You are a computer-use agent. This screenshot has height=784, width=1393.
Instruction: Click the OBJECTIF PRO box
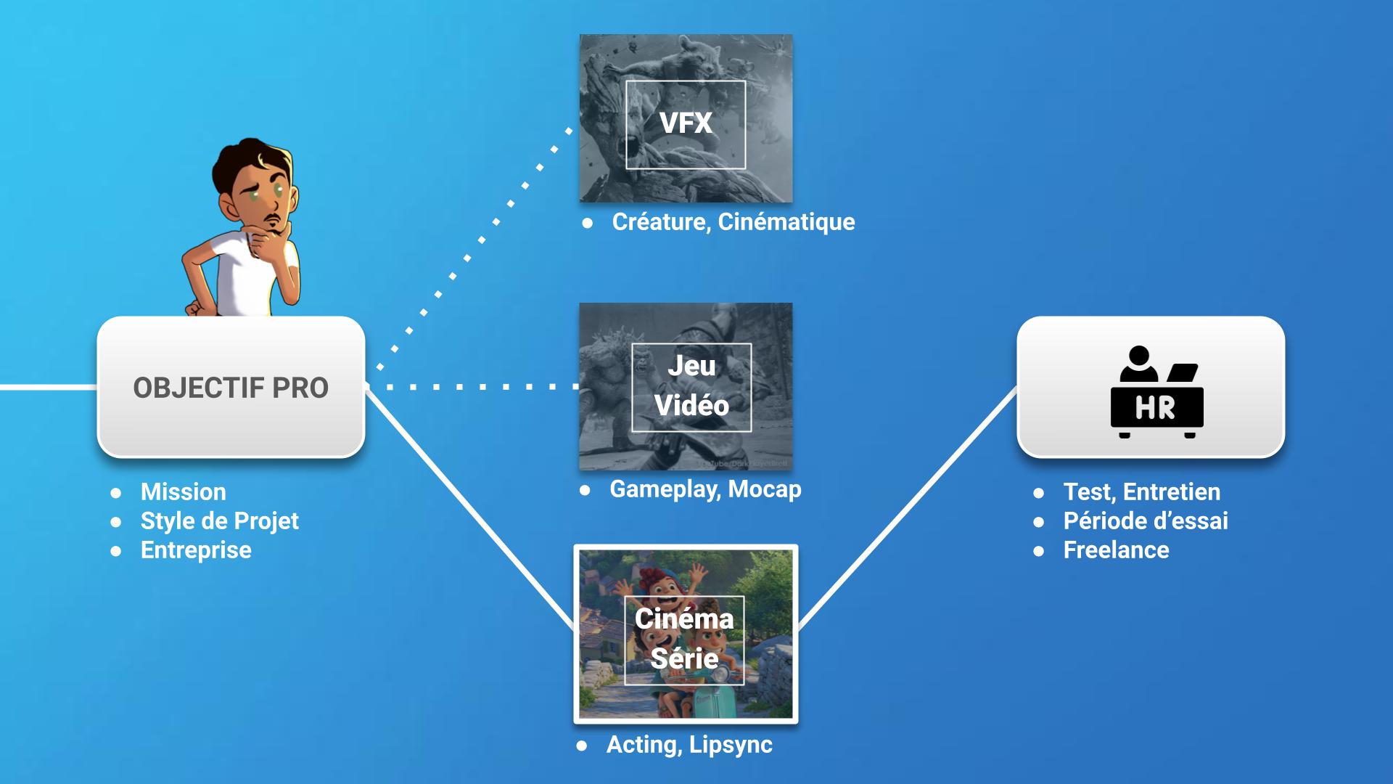(231, 388)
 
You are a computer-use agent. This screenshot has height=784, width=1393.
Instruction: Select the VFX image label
(686, 123)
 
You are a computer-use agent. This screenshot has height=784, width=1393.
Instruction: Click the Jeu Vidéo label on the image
(691, 386)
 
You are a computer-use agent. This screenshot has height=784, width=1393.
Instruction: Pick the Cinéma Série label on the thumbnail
(684, 639)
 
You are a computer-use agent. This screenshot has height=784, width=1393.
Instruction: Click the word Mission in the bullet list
(184, 492)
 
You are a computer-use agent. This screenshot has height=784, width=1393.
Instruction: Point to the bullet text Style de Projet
(219, 521)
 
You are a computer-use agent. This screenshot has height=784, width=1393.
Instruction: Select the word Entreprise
(196, 550)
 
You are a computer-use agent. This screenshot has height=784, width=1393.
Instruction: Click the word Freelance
(1116, 550)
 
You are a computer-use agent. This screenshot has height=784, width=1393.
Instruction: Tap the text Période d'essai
(1146, 521)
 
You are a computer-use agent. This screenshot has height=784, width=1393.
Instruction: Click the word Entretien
(1172, 492)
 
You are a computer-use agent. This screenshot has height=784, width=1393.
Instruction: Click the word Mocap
(765, 489)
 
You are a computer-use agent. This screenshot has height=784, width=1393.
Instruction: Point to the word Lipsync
(731, 745)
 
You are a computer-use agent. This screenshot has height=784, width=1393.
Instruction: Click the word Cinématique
(786, 222)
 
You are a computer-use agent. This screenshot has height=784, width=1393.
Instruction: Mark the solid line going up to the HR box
(907, 508)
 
